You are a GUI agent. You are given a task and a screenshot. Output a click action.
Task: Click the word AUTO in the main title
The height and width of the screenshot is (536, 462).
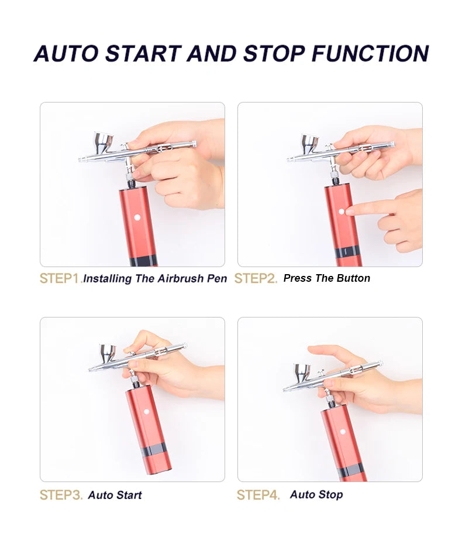(x=65, y=53)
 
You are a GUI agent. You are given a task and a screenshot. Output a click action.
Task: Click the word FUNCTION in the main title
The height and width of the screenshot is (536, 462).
(x=370, y=53)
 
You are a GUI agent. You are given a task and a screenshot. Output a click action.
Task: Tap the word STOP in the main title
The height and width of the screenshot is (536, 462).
(x=274, y=53)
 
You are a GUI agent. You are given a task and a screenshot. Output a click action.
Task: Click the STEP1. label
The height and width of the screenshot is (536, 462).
(x=60, y=278)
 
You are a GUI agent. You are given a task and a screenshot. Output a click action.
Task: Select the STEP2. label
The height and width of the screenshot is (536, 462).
(x=256, y=278)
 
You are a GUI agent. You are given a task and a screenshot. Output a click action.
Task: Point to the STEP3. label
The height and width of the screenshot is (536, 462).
(x=61, y=495)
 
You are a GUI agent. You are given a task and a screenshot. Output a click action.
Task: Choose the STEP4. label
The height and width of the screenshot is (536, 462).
(x=258, y=495)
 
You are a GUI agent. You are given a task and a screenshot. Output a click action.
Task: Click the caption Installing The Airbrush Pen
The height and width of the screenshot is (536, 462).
(x=155, y=279)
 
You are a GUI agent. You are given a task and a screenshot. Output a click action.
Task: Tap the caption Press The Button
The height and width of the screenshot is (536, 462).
(x=326, y=278)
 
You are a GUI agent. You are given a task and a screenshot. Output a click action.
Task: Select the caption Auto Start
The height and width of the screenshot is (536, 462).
(x=115, y=496)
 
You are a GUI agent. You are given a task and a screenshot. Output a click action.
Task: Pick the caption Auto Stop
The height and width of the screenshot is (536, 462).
(x=316, y=495)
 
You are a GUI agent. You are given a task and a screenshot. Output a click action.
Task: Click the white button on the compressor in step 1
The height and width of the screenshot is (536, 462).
(x=137, y=217)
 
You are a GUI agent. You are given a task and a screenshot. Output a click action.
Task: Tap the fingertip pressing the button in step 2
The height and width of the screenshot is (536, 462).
(x=349, y=211)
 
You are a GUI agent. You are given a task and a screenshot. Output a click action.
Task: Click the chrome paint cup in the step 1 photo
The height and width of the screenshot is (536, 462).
(x=104, y=142)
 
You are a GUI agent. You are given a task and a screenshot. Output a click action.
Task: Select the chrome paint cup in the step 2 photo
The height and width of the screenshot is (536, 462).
(x=309, y=142)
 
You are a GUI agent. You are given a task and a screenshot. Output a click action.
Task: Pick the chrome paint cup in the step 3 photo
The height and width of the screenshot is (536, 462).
(x=108, y=353)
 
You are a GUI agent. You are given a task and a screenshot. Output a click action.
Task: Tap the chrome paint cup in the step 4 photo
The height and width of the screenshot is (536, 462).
(x=302, y=371)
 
